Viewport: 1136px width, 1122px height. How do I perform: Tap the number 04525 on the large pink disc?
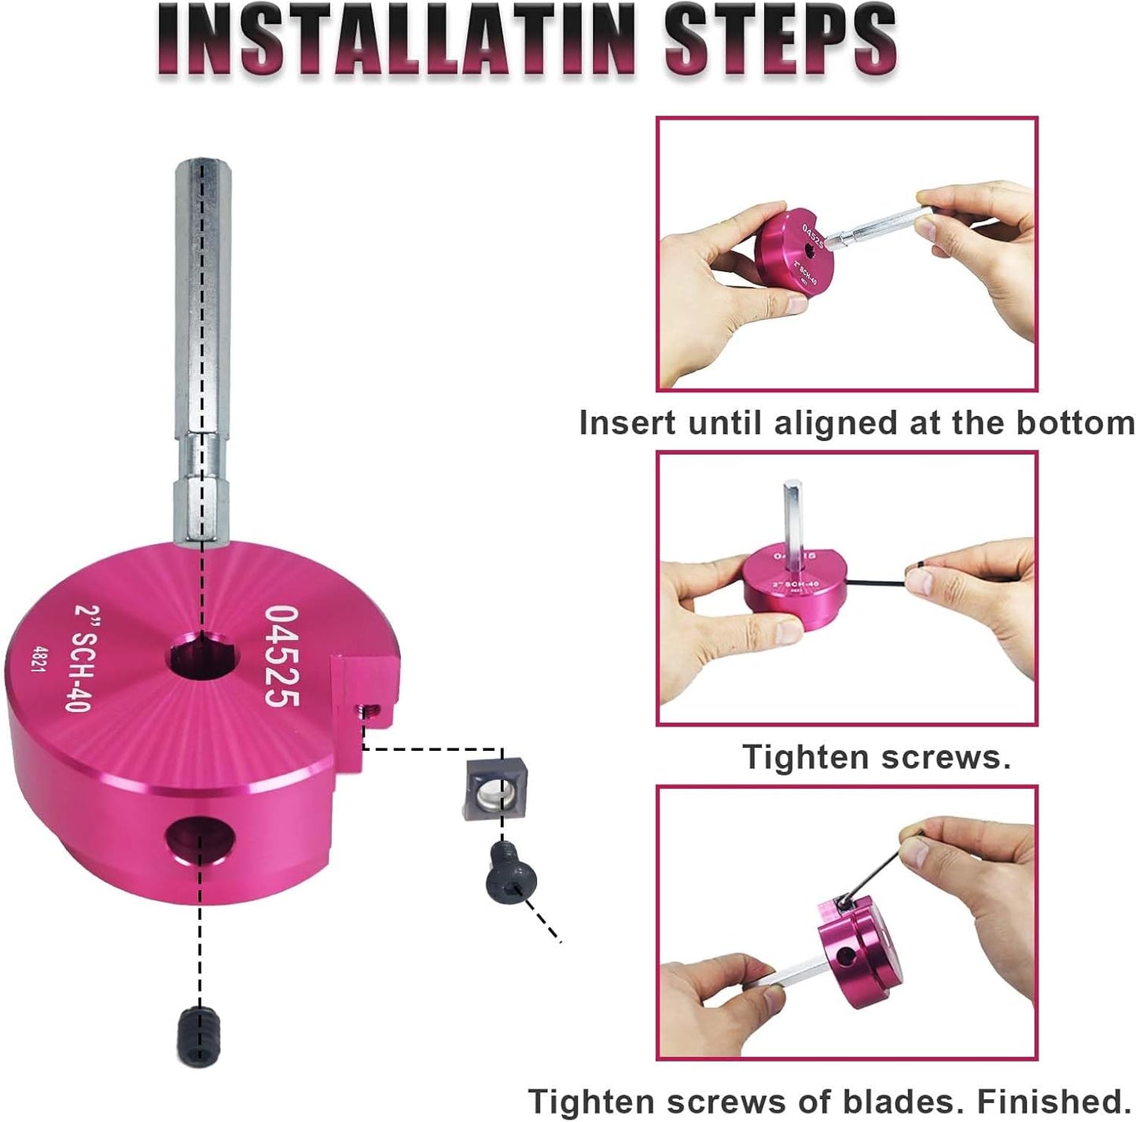281,655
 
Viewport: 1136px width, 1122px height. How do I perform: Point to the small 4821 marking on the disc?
36,659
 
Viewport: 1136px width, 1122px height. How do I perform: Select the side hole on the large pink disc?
200,840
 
